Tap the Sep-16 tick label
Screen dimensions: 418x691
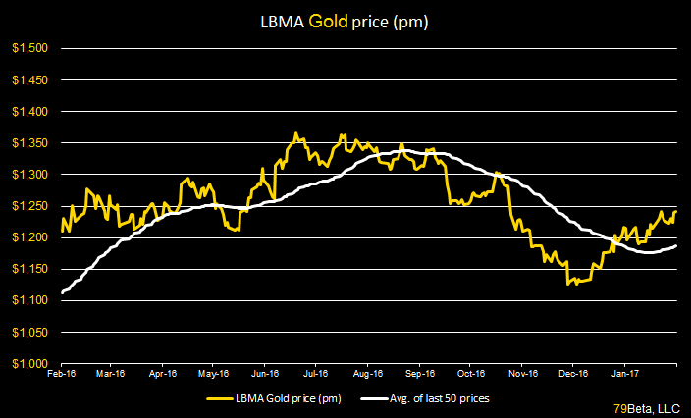click(x=419, y=373)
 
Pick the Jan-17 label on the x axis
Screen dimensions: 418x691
click(x=625, y=373)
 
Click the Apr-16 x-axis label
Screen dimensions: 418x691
click(x=163, y=373)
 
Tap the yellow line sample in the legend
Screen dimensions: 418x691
click(x=223, y=398)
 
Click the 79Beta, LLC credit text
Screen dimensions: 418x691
click(x=649, y=407)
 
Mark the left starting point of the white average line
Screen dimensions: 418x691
click(x=62, y=292)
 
